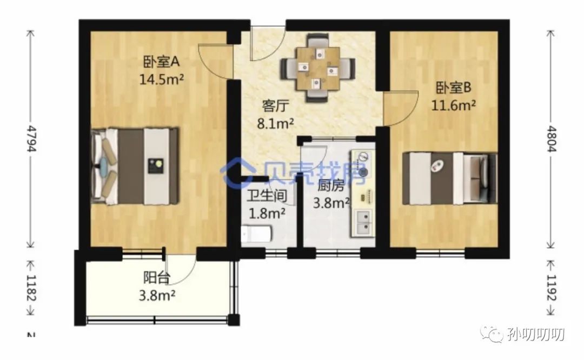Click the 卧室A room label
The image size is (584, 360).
point(161,62)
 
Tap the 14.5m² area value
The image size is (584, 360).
point(162,79)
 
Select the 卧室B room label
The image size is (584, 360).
point(454,88)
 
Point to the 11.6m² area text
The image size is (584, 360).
point(453,105)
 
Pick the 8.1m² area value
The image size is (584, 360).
point(275,123)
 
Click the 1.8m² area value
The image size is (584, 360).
point(267,213)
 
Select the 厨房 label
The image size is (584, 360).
point(331,185)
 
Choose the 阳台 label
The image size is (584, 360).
point(157,278)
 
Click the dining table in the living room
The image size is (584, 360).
point(318,69)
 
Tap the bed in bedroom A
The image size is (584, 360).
point(135,166)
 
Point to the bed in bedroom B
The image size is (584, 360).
point(449,178)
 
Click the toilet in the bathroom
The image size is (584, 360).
point(257,234)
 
